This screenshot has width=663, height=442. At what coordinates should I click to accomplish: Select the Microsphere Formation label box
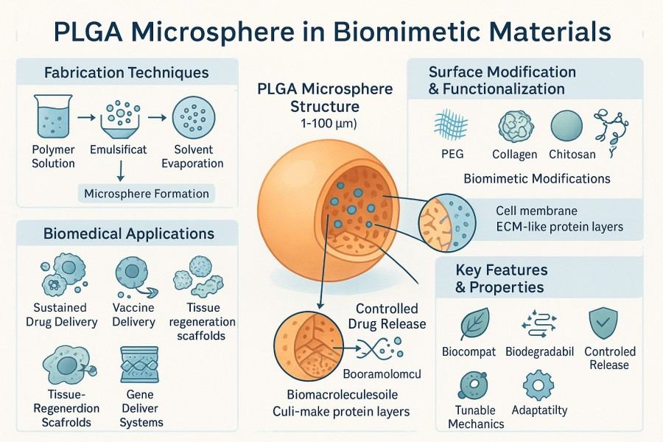147,194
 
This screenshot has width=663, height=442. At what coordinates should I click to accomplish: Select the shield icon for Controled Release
608,323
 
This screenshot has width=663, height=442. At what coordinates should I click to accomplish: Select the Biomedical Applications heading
128,234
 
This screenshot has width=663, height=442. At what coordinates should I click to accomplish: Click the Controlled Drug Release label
387,317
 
